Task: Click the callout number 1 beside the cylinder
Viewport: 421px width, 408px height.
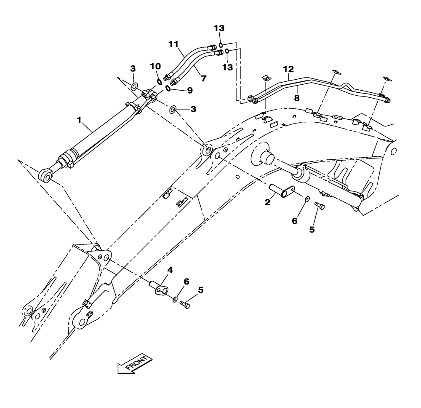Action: point(79,121)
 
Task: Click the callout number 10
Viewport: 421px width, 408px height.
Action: point(155,66)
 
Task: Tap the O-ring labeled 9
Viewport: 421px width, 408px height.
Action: point(168,88)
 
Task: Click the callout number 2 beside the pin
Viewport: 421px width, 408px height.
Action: point(267,203)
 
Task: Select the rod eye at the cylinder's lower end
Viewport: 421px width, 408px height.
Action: point(46,175)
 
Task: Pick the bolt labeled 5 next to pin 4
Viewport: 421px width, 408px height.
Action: point(184,303)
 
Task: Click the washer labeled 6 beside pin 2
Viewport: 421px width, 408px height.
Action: point(307,198)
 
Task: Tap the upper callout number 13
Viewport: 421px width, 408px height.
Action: point(219,28)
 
